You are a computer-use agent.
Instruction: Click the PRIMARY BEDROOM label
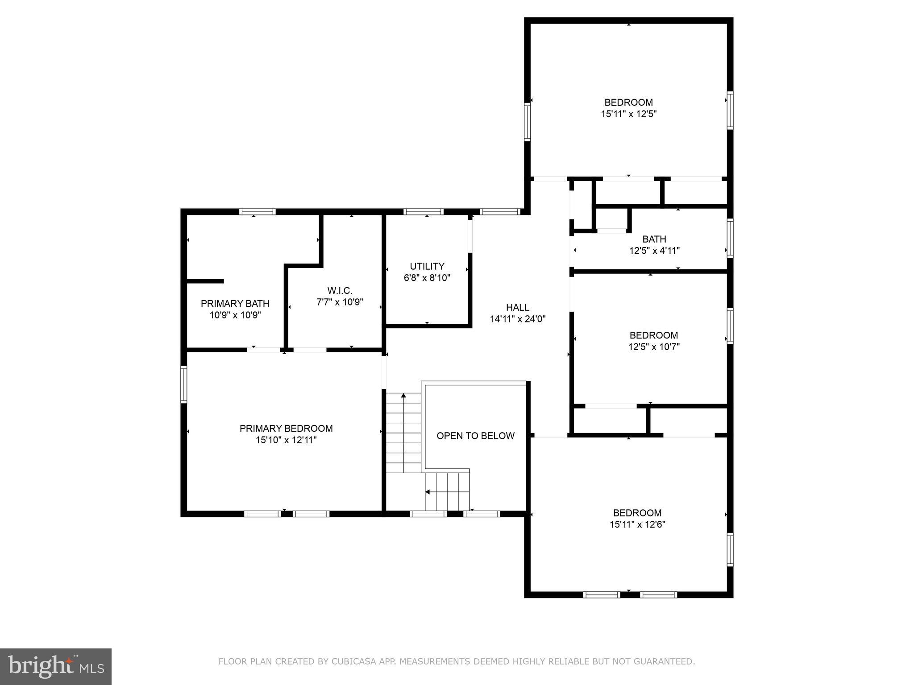pos(286,428)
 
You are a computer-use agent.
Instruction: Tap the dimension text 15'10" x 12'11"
pos(286,440)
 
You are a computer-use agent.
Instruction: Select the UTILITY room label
pos(427,266)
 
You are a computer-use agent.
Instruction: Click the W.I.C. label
pos(340,290)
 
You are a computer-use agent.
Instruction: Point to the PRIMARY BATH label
pos(235,303)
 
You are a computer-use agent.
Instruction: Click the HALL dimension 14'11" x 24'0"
pos(518,319)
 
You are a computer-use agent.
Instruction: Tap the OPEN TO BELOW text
pos(475,436)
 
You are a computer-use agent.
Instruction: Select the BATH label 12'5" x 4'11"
pos(654,245)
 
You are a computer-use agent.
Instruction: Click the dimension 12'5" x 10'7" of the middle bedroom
pos(654,347)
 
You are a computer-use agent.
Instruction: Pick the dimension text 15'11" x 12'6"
pos(637,524)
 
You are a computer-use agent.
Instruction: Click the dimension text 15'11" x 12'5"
pos(628,114)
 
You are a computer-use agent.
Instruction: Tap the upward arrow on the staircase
pos(403,396)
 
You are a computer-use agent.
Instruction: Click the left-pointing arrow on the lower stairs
pos(428,492)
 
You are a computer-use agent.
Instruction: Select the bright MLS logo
pos(56,666)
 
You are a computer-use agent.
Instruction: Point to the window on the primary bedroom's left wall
pos(183,384)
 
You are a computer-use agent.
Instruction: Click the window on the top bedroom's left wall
pos(527,121)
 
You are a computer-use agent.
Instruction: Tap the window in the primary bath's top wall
pos(258,211)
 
